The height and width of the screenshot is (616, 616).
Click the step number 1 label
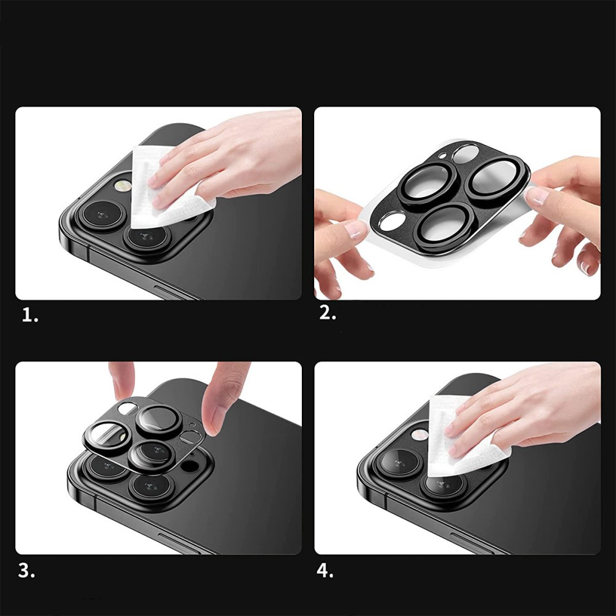pyautogui.click(x=30, y=315)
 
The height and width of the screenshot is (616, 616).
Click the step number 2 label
pyautogui.click(x=328, y=313)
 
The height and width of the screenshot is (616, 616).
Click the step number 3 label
pyautogui.click(x=26, y=570)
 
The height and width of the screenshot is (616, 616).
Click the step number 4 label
pyautogui.click(x=325, y=570)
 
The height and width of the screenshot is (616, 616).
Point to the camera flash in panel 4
pyautogui.click(x=419, y=434)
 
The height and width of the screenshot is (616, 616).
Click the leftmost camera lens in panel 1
pyautogui.click(x=102, y=215)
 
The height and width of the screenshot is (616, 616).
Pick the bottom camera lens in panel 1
pyautogui.click(x=146, y=238)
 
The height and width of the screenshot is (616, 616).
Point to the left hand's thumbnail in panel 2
pyautogui.click(x=357, y=229)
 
